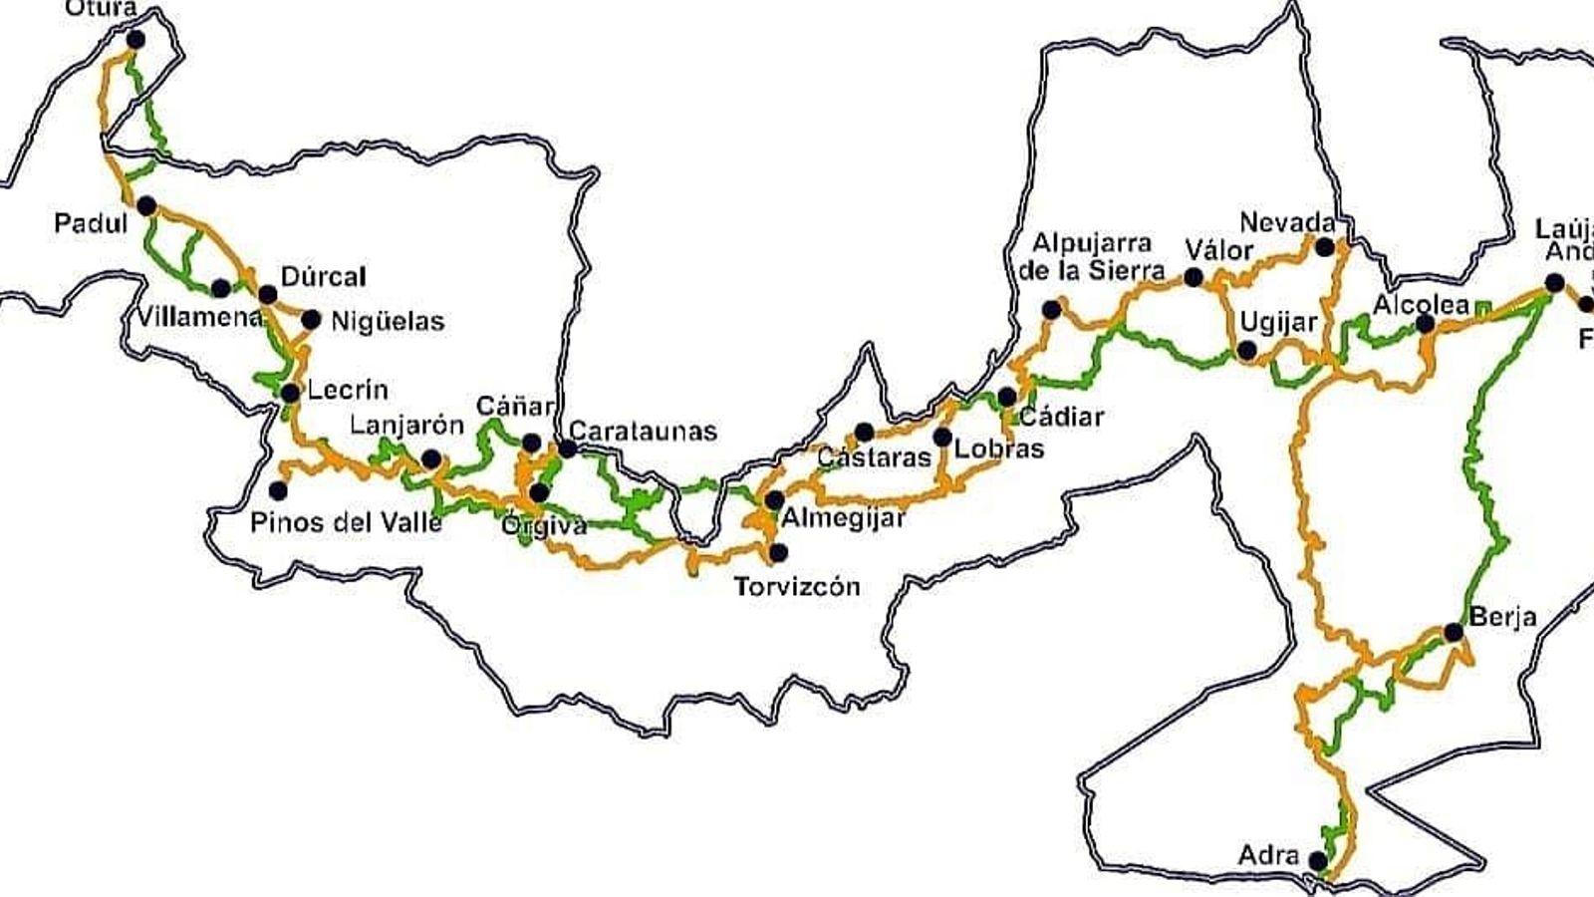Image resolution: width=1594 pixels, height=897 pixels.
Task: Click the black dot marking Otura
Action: pyautogui.click(x=134, y=40)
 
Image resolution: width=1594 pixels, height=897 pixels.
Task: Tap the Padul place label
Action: pyautogui.click(x=91, y=223)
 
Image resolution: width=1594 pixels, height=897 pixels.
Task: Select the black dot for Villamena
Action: pyautogui.click(x=220, y=288)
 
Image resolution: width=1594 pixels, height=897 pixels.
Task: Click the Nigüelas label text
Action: pyautogui.click(x=388, y=321)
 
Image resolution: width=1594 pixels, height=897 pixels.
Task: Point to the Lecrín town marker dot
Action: pyautogui.click(x=290, y=393)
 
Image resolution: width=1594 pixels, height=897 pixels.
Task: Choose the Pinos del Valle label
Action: pyautogui.click(x=346, y=521)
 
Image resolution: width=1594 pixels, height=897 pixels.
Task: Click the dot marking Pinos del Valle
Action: pyautogui.click(x=278, y=490)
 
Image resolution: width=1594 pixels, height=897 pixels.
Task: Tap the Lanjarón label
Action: pyautogui.click(x=406, y=426)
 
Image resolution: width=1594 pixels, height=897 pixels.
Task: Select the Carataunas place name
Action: pyautogui.click(x=643, y=431)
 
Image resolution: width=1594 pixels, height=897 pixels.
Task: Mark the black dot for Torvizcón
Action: pyautogui.click(x=778, y=552)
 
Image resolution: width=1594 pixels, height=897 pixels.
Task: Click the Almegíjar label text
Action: pyautogui.click(x=843, y=518)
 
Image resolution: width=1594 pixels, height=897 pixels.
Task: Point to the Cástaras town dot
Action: pyautogui.click(x=864, y=432)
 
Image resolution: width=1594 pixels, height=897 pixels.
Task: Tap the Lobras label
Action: pyautogui.click(x=998, y=448)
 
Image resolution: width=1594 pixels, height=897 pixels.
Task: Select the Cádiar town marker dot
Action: pyautogui.click(x=1006, y=397)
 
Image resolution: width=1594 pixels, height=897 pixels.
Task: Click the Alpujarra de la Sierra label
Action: pyautogui.click(x=1092, y=256)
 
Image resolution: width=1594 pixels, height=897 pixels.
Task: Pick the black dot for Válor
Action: pyautogui.click(x=1193, y=277)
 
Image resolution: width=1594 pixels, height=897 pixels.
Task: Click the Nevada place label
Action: pyautogui.click(x=1287, y=221)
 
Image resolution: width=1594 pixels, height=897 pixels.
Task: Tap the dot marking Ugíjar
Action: pyautogui.click(x=1246, y=350)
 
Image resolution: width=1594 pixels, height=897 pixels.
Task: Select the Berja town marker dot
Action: pyautogui.click(x=1453, y=632)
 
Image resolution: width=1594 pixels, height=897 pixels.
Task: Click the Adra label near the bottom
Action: pyautogui.click(x=1268, y=855)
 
